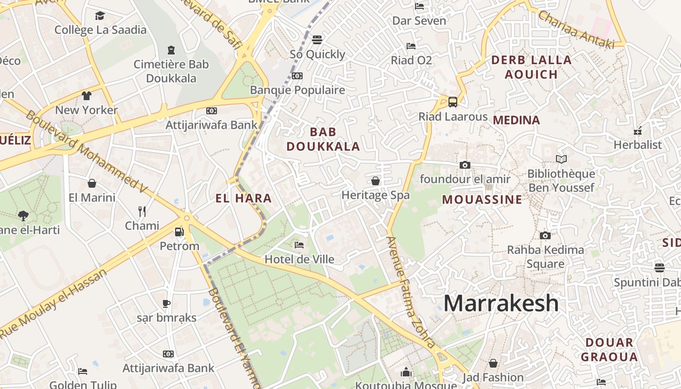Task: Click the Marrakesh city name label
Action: point(501,303)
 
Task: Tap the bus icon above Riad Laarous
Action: point(452,102)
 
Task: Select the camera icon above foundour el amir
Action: point(465,165)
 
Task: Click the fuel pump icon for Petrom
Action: point(179,232)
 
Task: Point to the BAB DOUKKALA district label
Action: point(323,139)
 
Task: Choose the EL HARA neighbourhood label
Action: point(243,198)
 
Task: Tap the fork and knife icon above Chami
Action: point(142,211)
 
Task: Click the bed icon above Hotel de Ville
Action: point(299,245)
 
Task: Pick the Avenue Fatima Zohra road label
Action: point(411,292)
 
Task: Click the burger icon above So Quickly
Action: point(317,39)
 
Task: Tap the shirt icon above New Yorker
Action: point(87,95)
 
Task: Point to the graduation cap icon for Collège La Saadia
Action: point(100,16)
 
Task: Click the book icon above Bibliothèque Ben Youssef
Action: point(561,159)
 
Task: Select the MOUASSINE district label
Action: point(482,199)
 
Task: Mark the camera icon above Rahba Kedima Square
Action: point(545,235)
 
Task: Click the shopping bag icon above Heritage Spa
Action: point(376,181)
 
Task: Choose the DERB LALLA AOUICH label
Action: point(531,67)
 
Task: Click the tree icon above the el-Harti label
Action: point(23,215)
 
